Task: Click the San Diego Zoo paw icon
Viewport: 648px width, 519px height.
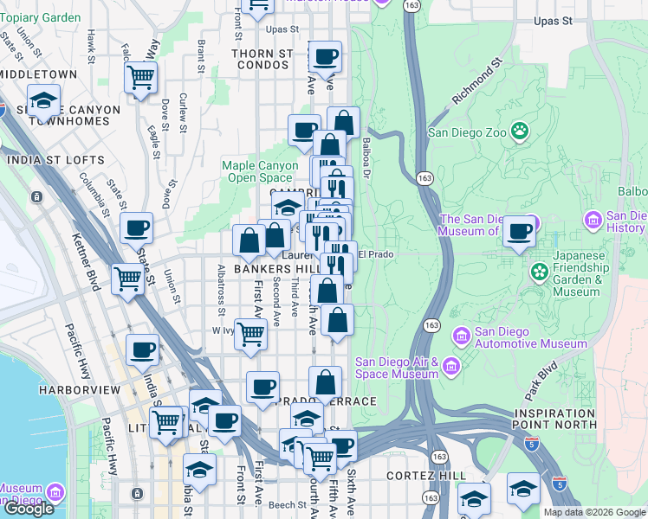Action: tap(520, 131)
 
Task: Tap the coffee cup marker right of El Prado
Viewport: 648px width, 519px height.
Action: tap(519, 232)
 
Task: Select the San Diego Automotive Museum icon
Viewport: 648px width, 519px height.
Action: tap(462, 334)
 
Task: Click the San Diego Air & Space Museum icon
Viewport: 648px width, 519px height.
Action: tap(450, 368)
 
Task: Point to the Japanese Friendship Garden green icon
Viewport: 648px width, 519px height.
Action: tap(541, 273)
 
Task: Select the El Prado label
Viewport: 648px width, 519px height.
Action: tap(376, 254)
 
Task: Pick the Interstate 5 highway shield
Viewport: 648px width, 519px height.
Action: tap(532, 445)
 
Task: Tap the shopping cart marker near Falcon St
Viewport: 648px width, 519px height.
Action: tap(140, 78)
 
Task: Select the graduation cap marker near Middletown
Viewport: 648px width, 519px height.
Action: tap(43, 101)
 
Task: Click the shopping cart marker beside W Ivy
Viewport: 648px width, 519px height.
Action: tap(250, 333)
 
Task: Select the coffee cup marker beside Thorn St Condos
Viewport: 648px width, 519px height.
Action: tap(326, 58)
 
